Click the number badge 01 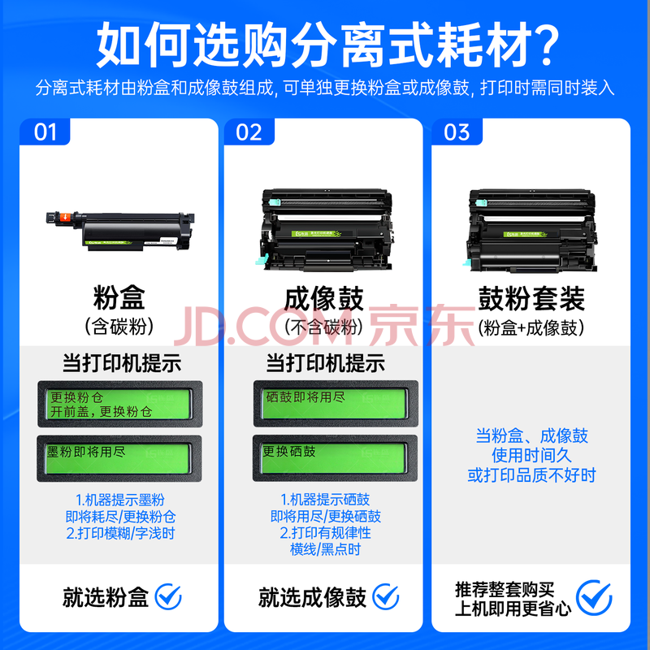(x=45, y=132)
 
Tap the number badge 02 (x=249, y=132)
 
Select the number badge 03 (x=457, y=132)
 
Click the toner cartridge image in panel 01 (x=120, y=231)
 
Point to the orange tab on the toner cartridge (x=65, y=217)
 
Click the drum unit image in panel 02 (x=327, y=230)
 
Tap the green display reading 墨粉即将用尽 (x=119, y=458)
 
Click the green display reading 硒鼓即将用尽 (x=336, y=404)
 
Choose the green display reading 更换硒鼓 (x=335, y=458)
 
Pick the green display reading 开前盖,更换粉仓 (x=119, y=404)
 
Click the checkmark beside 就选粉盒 (x=168, y=597)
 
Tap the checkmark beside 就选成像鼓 (x=385, y=597)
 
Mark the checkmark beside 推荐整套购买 (x=594, y=597)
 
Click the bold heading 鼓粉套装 (x=531, y=298)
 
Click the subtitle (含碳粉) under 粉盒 (x=119, y=327)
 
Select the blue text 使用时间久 (x=531, y=455)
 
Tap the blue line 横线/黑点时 (x=326, y=549)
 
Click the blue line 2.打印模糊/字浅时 (x=120, y=533)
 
